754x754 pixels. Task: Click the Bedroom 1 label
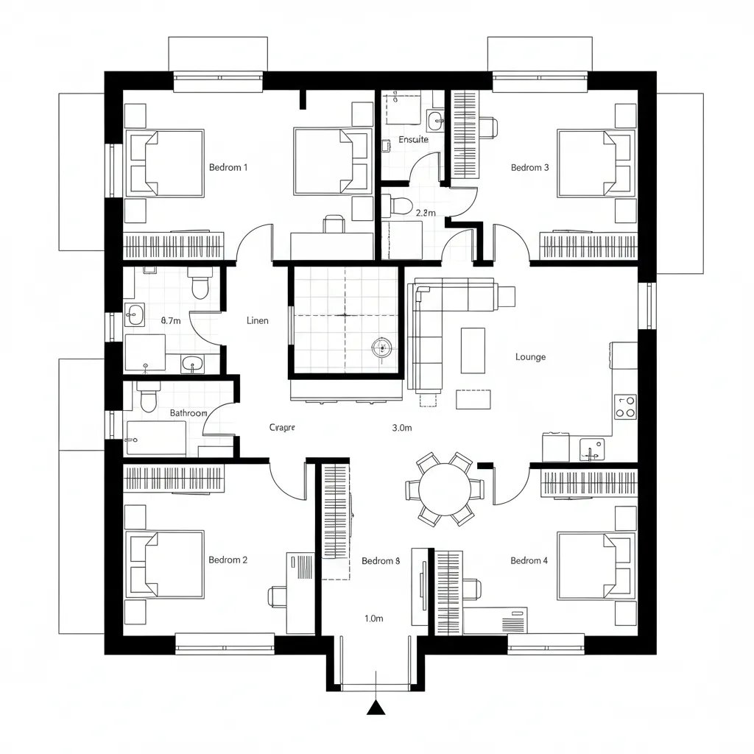tap(228, 167)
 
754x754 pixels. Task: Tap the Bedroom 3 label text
tap(529, 167)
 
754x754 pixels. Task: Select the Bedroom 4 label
tap(529, 560)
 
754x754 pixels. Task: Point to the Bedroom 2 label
tap(228, 560)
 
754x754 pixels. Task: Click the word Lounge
tap(530, 357)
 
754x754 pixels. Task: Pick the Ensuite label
tap(413, 139)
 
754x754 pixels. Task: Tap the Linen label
tap(258, 320)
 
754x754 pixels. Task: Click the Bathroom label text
tap(188, 413)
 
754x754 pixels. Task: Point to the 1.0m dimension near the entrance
tap(374, 619)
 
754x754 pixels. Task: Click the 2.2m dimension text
tap(426, 213)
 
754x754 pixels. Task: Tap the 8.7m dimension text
tap(171, 321)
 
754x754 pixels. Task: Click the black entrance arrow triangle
tap(376, 708)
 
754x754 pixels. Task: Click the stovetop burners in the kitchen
tap(625, 406)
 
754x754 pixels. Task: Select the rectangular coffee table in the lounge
tap(473, 350)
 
